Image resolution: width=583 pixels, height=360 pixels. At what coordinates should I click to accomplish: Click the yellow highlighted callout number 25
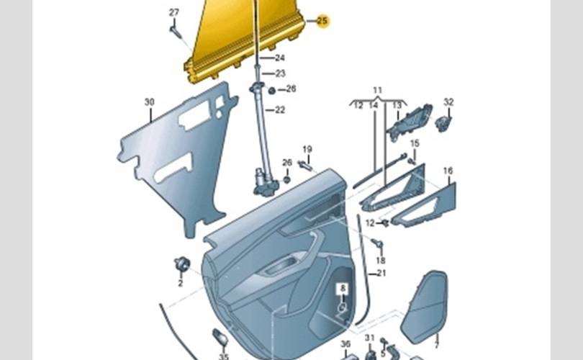click(322, 22)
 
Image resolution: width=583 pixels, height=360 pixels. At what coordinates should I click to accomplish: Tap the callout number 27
click(174, 13)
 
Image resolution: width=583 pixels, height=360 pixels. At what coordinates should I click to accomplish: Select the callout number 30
click(149, 102)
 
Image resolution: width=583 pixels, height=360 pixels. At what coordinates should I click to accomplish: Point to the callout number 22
click(280, 110)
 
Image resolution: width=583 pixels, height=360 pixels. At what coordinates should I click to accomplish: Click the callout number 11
click(377, 90)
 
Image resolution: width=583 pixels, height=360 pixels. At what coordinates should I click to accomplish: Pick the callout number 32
click(448, 102)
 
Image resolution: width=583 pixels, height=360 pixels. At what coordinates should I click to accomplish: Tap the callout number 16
click(448, 171)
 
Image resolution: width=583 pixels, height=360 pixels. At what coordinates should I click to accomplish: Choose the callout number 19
click(307, 149)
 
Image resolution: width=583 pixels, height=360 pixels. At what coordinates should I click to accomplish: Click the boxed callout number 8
click(343, 289)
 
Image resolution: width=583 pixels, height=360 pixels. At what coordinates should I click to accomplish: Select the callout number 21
click(381, 273)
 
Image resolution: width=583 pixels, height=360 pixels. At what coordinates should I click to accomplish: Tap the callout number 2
click(180, 283)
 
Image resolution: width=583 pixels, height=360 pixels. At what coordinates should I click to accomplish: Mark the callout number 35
click(224, 356)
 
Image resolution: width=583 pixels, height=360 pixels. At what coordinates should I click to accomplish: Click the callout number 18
click(380, 260)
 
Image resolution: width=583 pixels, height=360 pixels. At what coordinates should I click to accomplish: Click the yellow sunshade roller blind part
click(245, 43)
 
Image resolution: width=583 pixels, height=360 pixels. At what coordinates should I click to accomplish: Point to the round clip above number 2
click(181, 264)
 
